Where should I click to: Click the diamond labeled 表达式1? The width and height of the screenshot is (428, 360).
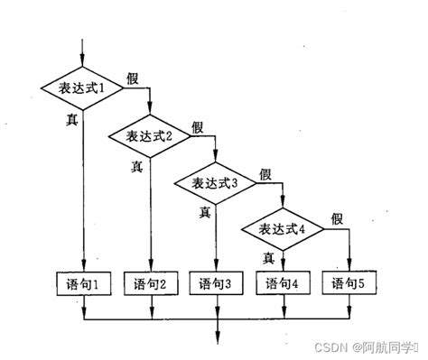[83, 88]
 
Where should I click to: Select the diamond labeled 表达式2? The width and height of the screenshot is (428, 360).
[150, 136]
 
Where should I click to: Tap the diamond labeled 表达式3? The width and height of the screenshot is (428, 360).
[217, 183]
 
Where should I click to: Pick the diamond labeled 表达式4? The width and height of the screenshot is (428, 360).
[284, 228]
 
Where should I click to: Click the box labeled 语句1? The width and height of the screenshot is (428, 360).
[83, 284]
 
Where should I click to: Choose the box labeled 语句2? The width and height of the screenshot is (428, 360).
[150, 284]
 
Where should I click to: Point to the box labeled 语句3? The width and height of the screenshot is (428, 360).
[217, 284]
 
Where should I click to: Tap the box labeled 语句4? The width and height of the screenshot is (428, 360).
[284, 284]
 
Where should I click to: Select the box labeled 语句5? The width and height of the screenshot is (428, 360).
[350, 284]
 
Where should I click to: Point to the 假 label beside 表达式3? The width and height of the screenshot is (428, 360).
[265, 173]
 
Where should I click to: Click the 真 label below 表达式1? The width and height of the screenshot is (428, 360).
[71, 118]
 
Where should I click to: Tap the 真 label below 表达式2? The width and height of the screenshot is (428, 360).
[137, 165]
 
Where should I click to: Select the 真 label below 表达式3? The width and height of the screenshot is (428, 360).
[205, 213]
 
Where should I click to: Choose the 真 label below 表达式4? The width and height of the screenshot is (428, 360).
[269, 258]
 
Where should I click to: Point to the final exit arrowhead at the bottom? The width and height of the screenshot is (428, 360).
[217, 340]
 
